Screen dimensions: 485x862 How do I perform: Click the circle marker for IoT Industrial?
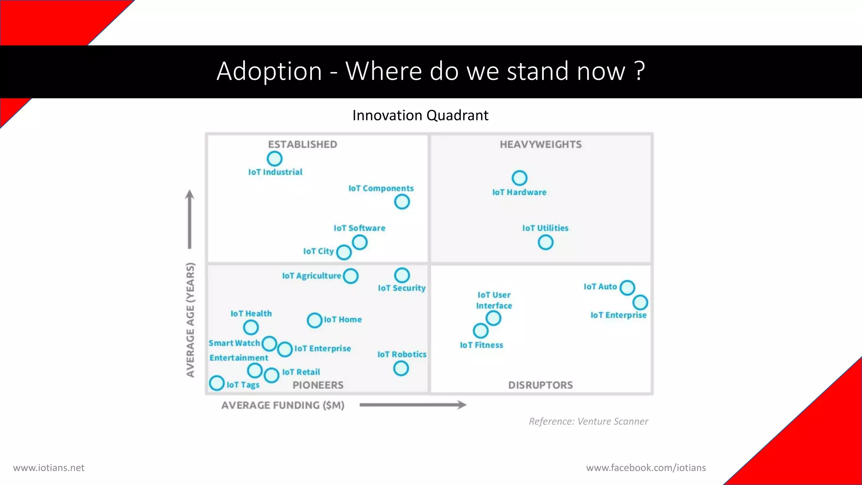274,159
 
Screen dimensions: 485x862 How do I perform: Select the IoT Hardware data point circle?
519,178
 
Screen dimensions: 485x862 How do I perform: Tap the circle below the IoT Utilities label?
545,242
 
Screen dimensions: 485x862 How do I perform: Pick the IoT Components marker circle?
402,202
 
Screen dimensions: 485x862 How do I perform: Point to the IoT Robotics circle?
401,368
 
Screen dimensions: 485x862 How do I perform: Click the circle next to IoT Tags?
217,383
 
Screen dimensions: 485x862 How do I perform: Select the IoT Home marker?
314,320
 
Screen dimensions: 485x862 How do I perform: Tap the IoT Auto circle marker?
627,288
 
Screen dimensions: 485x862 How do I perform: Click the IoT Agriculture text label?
311,276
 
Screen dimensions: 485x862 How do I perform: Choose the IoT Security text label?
402,288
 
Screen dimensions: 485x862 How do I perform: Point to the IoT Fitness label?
481,345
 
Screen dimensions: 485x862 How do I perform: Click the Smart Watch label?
234,343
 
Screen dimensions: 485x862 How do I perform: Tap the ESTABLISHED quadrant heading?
302,144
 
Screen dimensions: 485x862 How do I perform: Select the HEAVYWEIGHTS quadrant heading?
540,144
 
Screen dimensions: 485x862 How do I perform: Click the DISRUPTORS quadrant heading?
540,385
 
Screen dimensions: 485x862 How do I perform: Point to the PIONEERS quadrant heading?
318,385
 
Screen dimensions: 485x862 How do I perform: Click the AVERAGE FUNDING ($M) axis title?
283,405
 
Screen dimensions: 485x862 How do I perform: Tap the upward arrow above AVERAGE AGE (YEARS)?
189,219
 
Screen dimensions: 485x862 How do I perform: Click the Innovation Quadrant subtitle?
420,115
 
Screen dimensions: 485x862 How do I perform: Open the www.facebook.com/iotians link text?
646,468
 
